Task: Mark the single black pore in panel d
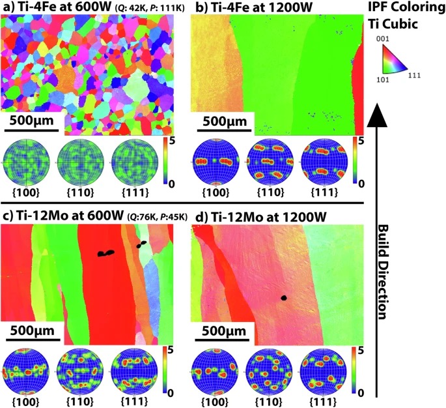[285, 298]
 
